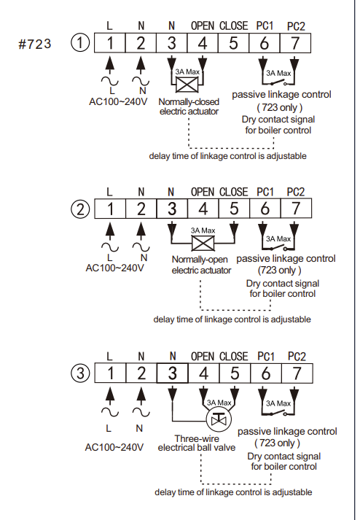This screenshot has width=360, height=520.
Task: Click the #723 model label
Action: (34, 44)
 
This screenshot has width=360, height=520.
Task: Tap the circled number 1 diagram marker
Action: (80, 43)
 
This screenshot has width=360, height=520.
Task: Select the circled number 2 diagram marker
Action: (80, 209)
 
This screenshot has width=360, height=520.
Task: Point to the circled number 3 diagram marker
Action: (81, 373)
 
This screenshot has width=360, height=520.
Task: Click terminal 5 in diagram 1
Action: (233, 43)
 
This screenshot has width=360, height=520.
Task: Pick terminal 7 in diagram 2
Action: (296, 209)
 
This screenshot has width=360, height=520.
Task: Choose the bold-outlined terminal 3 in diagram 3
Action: (173, 373)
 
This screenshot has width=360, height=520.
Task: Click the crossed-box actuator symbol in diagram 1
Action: (187, 85)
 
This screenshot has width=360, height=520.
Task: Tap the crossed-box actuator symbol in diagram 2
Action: (203, 244)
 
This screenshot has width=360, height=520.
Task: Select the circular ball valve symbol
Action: (219, 419)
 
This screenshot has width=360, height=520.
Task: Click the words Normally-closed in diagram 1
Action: (189, 102)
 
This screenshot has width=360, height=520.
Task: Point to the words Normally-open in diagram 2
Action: (200, 260)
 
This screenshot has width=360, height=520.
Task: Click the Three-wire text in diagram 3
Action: (197, 438)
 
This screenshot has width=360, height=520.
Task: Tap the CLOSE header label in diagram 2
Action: (234, 192)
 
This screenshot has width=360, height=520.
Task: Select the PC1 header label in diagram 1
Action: (265, 26)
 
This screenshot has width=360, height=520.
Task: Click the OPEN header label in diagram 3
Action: (203, 357)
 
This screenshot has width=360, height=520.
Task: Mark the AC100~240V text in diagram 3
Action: (114, 447)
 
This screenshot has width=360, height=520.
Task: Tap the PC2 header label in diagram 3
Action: (297, 357)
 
